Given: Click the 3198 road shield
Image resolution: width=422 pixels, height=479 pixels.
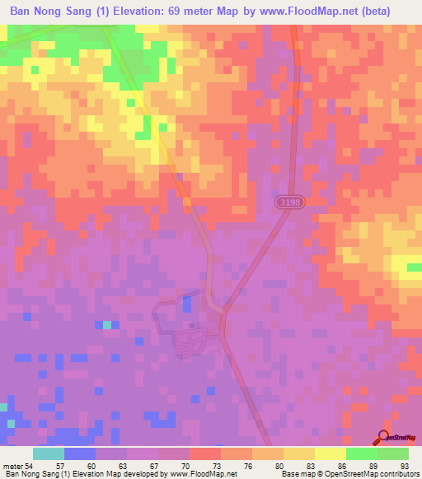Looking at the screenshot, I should point(284,202).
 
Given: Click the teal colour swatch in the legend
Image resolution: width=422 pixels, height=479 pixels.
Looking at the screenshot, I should point(48,453).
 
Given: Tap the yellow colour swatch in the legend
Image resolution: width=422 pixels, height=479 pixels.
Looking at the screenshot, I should point(330,453).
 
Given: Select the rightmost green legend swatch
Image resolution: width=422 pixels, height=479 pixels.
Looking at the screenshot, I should point(392,453).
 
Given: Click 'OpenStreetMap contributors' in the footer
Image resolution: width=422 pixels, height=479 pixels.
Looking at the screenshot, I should point(376,474).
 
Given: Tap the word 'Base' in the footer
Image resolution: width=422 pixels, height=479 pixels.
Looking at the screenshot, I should point(290,474).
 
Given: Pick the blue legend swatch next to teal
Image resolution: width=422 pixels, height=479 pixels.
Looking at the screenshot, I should point(79,453).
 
